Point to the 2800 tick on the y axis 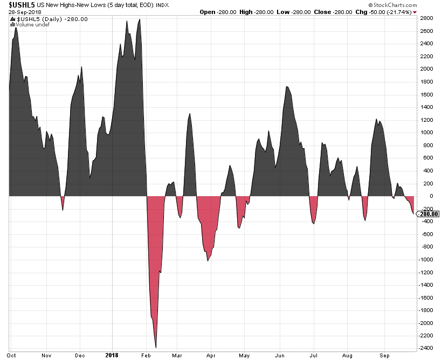click(427, 18)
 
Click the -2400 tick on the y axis click(426, 348)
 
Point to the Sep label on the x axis click(385, 356)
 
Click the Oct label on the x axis click(12, 356)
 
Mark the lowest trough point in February click(156, 348)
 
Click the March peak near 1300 click(190, 114)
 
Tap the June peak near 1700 click(287, 86)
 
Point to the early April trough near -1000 click(208, 261)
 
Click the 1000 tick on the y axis click(427, 133)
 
